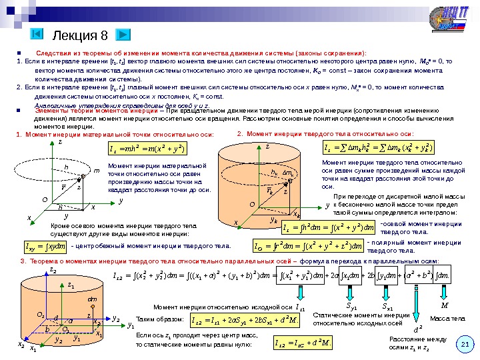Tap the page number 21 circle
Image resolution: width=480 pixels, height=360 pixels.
(x=465, y=344)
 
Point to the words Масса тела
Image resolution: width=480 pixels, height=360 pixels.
(x=446, y=319)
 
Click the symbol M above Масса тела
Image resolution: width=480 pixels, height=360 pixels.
(x=445, y=305)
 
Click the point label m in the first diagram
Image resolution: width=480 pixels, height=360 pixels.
(x=97, y=171)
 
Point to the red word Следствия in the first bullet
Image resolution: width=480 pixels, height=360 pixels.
(x=55, y=52)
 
